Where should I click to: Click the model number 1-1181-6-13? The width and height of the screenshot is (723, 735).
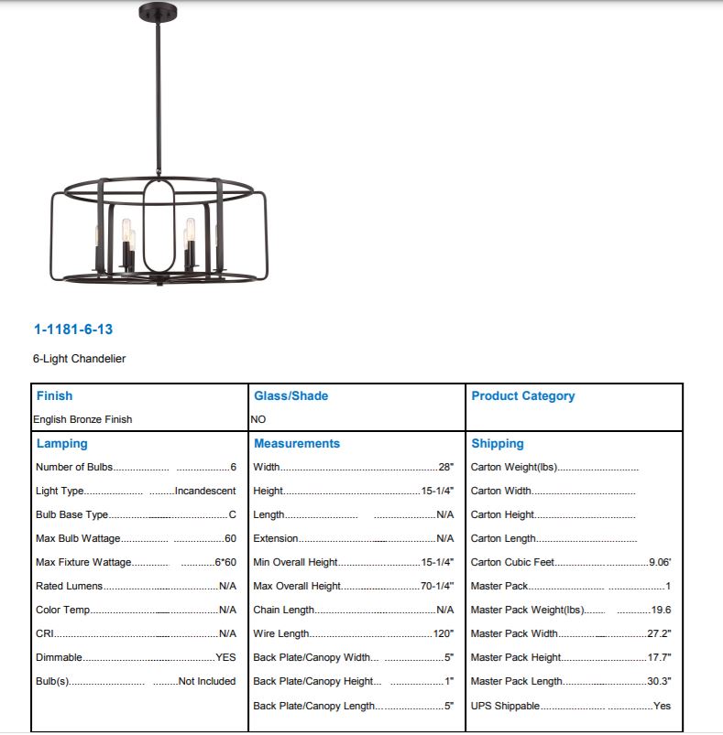tap(73, 330)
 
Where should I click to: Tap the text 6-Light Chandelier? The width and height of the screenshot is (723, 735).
tap(80, 359)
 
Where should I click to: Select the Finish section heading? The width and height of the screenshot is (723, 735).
tap(54, 396)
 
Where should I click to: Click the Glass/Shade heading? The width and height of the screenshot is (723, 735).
tap(290, 396)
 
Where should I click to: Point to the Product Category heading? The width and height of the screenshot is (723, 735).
tap(522, 396)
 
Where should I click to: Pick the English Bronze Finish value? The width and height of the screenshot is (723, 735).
tap(83, 419)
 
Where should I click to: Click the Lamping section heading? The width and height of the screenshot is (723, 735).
tap(61, 444)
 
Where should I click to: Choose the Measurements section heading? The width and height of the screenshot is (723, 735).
tap(296, 444)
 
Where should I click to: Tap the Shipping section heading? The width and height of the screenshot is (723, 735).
tap(498, 444)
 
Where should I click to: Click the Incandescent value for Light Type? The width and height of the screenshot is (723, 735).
tap(205, 492)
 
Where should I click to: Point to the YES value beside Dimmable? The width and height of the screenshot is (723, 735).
tap(225, 658)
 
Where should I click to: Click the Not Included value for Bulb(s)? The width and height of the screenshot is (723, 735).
tap(207, 682)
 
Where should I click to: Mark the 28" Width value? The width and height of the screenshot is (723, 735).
tap(446, 468)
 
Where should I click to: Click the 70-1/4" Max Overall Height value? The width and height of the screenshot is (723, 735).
tap(437, 587)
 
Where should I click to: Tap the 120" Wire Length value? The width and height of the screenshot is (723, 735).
tap(444, 634)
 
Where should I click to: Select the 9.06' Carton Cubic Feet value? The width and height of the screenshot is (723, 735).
tap(660, 563)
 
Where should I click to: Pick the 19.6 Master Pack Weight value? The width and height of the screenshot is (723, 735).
tap(660, 611)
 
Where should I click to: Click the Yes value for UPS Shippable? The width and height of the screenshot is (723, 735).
tap(662, 707)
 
